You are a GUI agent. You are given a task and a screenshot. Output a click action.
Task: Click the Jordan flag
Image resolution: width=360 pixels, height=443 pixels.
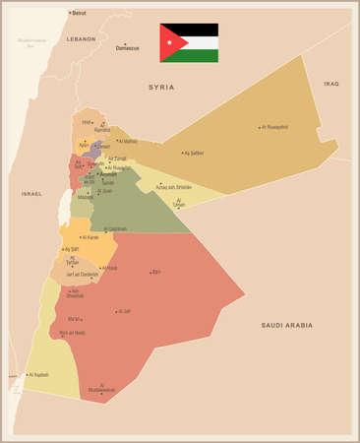[189, 42]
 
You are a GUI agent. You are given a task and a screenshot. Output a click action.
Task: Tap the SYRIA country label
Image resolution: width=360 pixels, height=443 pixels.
[160, 88]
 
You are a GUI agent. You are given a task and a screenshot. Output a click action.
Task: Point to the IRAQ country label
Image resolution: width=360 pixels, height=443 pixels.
[330, 85]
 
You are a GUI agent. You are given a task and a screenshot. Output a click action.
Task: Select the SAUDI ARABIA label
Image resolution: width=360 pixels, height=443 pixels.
[286, 325]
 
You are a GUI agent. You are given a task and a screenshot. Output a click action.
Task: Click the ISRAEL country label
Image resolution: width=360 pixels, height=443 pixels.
[31, 194]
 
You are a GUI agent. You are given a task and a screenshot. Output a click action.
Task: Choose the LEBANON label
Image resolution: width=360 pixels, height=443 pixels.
[81, 38]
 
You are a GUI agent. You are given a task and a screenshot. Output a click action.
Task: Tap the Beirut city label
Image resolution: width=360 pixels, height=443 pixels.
[79, 13]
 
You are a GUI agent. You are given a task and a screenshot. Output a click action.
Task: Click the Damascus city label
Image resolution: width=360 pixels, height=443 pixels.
[127, 47]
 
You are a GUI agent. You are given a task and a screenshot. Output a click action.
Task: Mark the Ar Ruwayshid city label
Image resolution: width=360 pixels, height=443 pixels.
[275, 127]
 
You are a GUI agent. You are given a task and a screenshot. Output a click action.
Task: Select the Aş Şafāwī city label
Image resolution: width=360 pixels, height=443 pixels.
[195, 153]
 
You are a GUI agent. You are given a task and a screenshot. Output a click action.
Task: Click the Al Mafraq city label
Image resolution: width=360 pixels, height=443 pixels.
[128, 141]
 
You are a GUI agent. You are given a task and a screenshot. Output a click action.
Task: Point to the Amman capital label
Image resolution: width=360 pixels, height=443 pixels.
[108, 174]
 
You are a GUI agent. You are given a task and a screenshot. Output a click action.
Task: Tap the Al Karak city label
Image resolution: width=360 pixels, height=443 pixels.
[90, 237]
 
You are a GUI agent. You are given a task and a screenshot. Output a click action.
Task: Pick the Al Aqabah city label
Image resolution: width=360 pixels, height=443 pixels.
[38, 375]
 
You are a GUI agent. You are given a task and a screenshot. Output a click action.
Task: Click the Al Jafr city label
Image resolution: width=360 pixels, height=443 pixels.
[124, 311]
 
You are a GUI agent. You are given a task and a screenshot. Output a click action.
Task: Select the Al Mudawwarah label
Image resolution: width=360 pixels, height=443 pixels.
[101, 388]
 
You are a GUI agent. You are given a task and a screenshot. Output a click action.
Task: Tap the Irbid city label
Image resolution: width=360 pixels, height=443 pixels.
[87, 123]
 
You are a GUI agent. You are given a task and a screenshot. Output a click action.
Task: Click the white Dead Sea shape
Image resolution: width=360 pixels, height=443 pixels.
[65, 206]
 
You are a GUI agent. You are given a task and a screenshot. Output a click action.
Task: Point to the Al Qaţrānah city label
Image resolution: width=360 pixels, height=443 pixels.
[115, 229]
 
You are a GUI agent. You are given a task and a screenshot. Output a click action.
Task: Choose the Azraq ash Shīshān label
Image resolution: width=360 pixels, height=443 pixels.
[173, 187]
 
